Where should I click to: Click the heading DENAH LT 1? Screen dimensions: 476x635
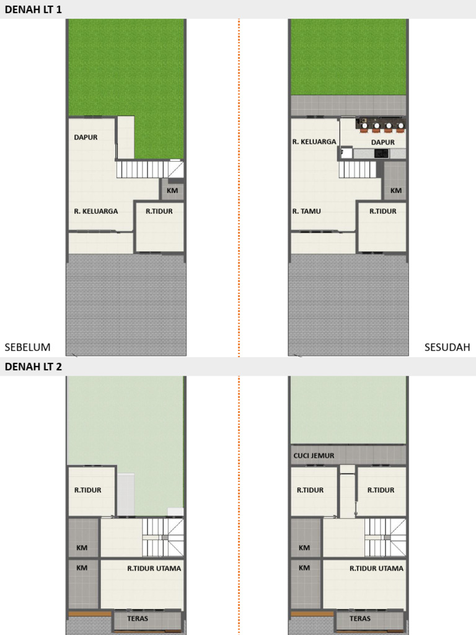coord(33,9)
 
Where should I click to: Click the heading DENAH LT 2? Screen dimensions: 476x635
coord(33,366)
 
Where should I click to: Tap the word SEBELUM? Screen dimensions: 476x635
coord(27,347)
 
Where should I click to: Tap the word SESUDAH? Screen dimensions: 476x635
coord(447,347)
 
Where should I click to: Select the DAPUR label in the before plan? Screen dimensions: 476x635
coord(86,137)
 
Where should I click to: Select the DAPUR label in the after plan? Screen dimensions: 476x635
coord(383,142)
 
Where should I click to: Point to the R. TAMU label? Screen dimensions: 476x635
coord(306,211)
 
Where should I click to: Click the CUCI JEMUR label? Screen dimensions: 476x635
coord(314,456)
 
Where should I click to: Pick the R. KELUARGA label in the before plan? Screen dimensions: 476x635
coord(96,211)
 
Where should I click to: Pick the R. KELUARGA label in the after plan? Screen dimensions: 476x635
coord(314,142)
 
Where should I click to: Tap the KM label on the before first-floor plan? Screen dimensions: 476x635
coord(172,190)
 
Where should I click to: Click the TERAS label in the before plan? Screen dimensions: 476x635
coord(138,618)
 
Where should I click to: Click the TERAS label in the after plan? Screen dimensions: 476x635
coord(360,618)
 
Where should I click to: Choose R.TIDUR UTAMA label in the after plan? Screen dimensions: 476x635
coord(376,569)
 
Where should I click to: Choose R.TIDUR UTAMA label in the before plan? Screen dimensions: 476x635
coord(154,569)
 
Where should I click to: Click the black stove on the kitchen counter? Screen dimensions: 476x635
coord(381,154)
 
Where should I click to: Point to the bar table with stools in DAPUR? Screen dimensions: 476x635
coord(381,124)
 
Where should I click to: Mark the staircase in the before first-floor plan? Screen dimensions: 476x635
coord(150,169)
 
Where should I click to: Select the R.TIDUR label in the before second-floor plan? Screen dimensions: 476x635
coord(88,490)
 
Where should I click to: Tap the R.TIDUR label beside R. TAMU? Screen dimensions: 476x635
coord(383,211)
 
